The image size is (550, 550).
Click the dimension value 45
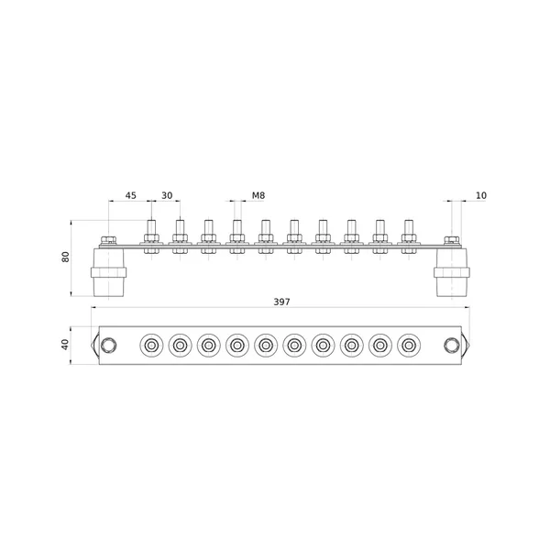[x=131, y=195]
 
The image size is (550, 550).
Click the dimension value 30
[x=167, y=195]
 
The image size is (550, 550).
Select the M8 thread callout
[x=258, y=195]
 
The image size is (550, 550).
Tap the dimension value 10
[x=481, y=195]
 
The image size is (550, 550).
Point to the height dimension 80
[x=66, y=257]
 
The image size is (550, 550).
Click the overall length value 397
[x=282, y=302]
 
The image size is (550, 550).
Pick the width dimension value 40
[x=66, y=345]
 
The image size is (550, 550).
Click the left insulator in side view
[x=109, y=272]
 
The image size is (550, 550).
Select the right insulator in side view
[x=452, y=272]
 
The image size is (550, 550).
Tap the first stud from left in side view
[x=151, y=236]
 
